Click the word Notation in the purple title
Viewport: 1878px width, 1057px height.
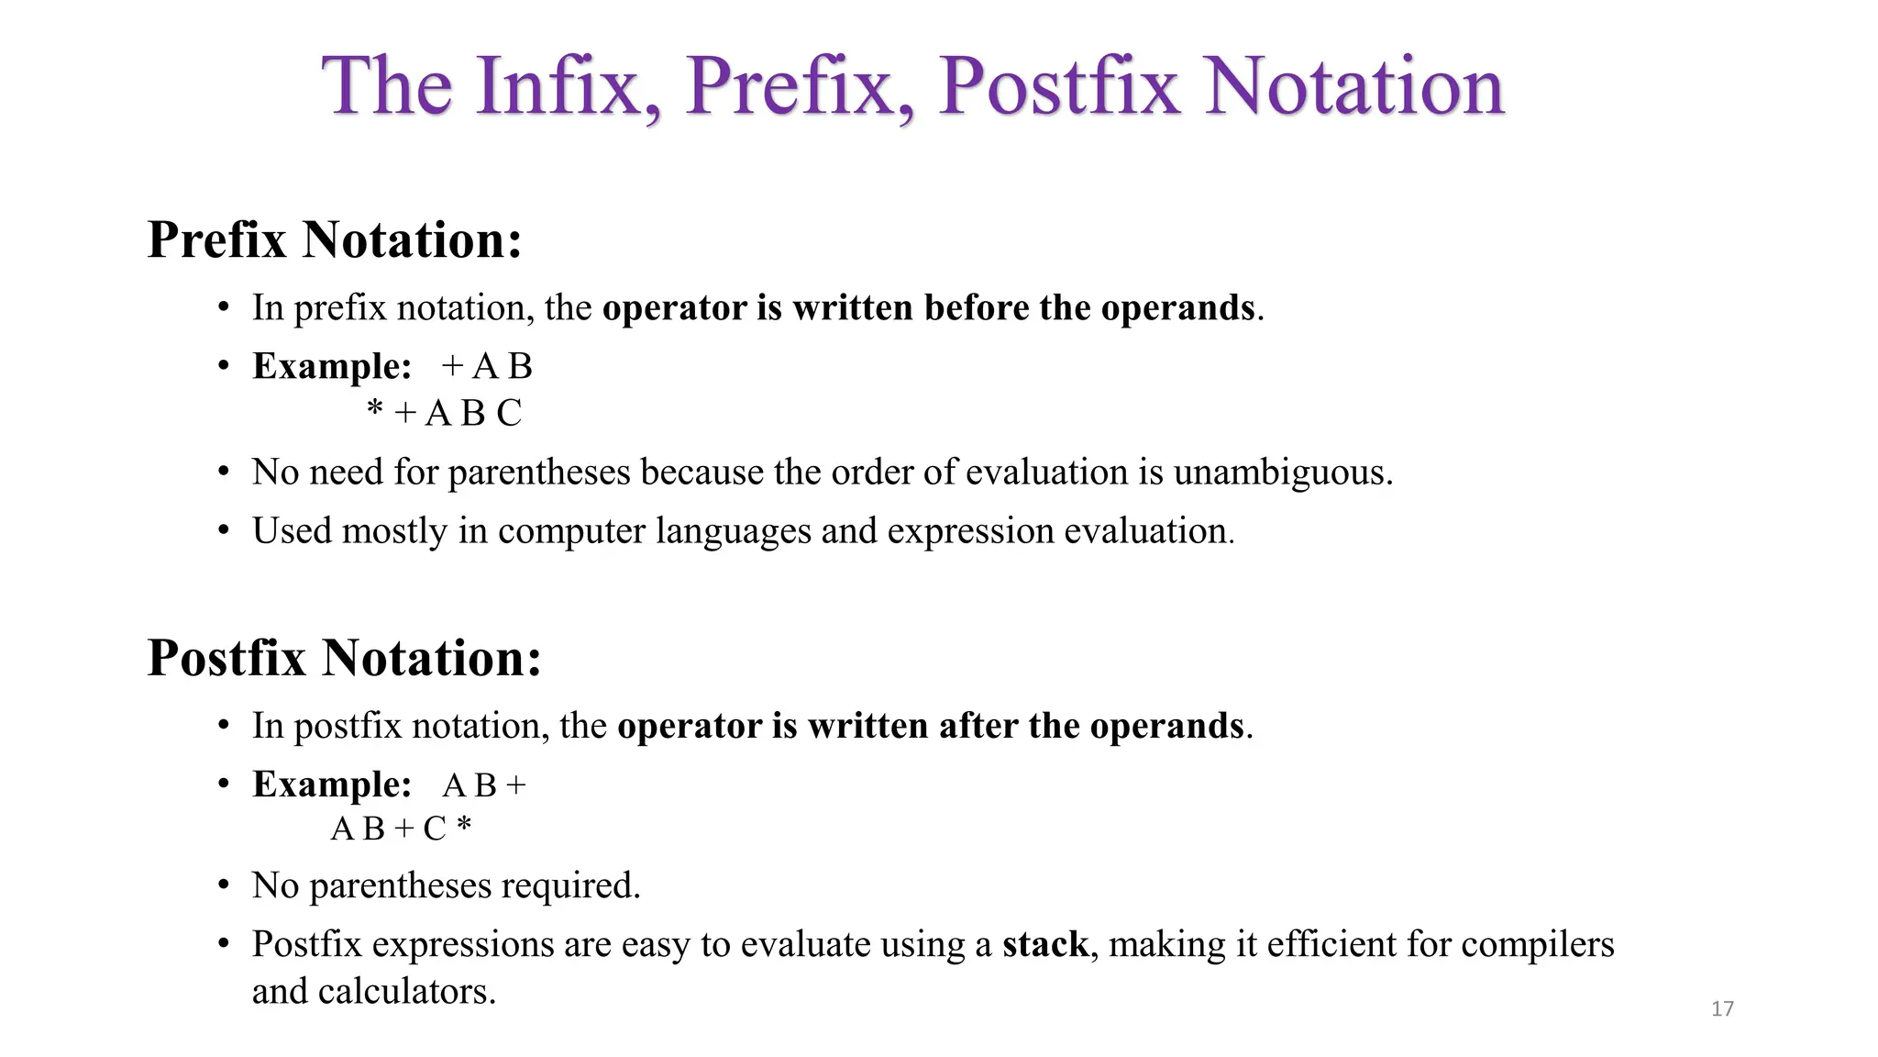pyautogui.click(x=1353, y=86)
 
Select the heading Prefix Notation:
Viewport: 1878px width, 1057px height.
pyautogui.click(x=335, y=240)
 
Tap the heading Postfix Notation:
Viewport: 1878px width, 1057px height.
pyautogui.click(x=344, y=659)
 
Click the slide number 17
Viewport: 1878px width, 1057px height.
pyautogui.click(x=1722, y=1009)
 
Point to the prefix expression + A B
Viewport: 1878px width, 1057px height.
pyautogui.click(x=486, y=367)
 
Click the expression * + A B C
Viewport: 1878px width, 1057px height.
pyautogui.click(x=444, y=414)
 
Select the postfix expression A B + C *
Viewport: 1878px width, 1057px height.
pyautogui.click(x=401, y=829)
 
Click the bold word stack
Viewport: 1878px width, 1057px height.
pyautogui.click(x=1044, y=944)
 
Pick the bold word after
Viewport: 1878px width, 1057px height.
pyautogui.click(x=978, y=727)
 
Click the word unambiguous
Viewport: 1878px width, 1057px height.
pyautogui.click(x=1282, y=473)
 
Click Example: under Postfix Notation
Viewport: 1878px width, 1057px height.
pyautogui.click(x=332, y=784)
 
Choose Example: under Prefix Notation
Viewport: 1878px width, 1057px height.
pyautogui.click(x=332, y=366)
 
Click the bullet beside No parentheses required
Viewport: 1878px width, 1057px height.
pyautogui.click(x=224, y=886)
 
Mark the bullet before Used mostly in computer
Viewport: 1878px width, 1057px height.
pyautogui.click(x=224, y=531)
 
